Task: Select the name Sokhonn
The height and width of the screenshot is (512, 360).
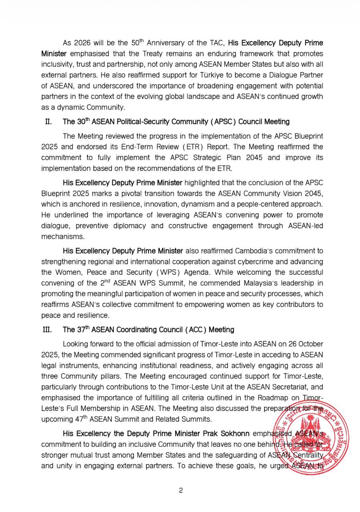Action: (x=233, y=434)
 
